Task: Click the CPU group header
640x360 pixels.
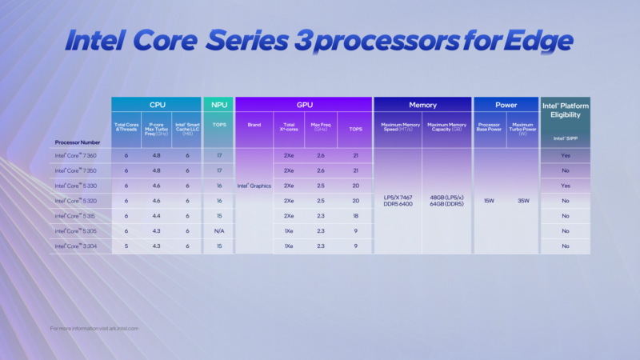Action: pos(157,105)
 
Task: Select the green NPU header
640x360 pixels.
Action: pos(218,105)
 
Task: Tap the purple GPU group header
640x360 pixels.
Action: pos(304,105)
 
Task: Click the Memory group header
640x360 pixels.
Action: pos(422,105)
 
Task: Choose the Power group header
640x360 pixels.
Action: pos(506,105)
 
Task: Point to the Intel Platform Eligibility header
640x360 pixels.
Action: pos(566,110)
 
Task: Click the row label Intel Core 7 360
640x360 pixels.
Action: pos(77,155)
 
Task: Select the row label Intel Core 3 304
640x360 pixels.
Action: pos(77,246)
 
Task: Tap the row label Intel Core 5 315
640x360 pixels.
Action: pos(77,216)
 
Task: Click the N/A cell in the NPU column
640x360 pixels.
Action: pos(218,231)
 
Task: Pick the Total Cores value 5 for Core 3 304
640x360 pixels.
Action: pos(126,246)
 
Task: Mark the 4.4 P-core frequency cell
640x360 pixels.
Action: pos(157,216)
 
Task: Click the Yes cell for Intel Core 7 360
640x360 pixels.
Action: pos(566,155)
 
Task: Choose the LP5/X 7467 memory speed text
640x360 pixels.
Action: pos(397,196)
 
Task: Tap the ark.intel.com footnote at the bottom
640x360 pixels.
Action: pos(94,328)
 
